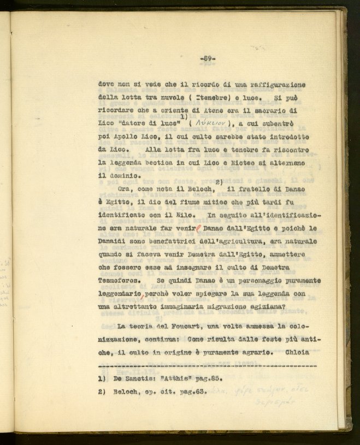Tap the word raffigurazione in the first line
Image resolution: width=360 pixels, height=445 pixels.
click(276, 85)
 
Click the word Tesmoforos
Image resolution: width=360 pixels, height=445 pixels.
click(117, 281)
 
